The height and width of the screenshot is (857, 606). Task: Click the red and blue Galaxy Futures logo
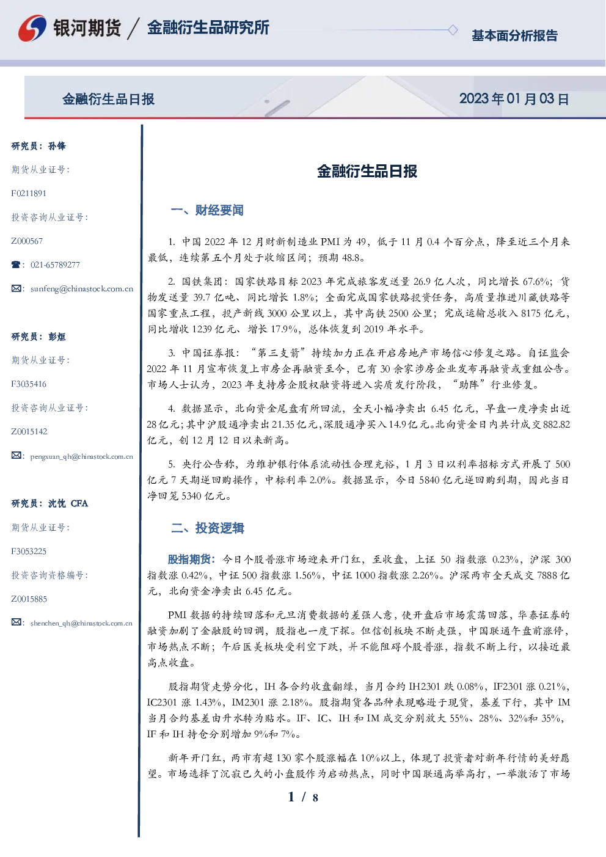point(32,28)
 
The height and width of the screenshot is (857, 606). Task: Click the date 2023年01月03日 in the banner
point(514,99)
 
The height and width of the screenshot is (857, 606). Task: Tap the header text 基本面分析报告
point(514,35)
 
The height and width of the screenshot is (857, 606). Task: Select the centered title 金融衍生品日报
point(367,171)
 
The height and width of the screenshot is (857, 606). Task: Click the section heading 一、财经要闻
point(207,210)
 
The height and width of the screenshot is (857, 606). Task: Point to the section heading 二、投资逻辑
point(207,528)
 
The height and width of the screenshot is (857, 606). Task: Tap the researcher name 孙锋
point(57,146)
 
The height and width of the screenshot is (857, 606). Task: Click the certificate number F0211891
point(29,193)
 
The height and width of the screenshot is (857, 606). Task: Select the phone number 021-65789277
point(55,264)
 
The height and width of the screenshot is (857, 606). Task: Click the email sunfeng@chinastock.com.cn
point(82,289)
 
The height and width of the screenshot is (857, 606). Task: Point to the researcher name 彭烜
point(57,337)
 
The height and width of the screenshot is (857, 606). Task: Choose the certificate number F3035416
point(29,384)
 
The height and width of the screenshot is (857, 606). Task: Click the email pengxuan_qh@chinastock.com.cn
point(82,456)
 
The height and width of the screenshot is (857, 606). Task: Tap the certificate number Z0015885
point(29,599)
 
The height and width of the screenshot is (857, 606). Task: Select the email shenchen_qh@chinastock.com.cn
point(81,623)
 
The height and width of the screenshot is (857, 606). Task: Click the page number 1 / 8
point(303,797)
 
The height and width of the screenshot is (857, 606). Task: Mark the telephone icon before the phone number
point(16,264)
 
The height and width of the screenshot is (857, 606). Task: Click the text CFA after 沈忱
point(79,503)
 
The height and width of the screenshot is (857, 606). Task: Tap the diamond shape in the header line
point(453,30)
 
